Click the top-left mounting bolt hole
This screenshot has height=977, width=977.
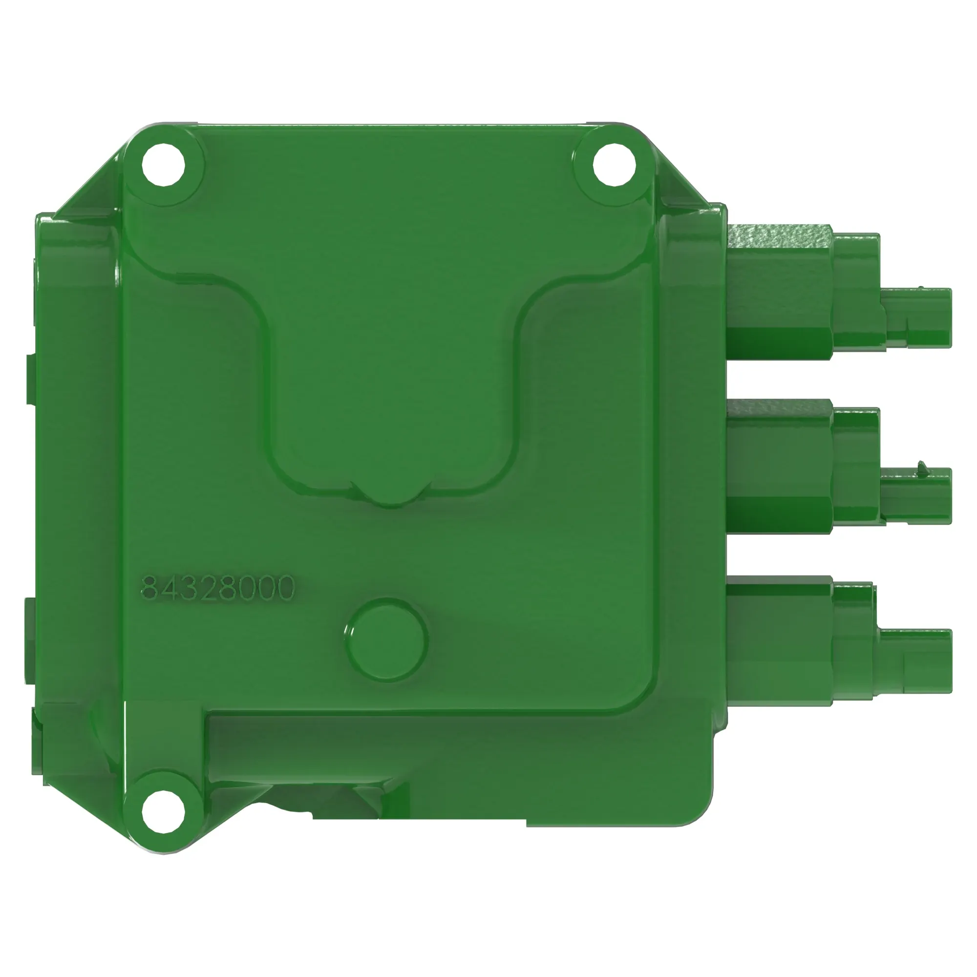[x=163, y=164]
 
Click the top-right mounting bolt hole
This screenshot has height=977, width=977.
[x=614, y=164]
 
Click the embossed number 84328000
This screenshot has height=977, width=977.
[x=217, y=588]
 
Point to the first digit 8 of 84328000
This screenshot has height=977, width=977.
[x=149, y=588]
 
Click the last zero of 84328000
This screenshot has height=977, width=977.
[x=285, y=588]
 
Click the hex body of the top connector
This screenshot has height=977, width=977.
[x=779, y=293]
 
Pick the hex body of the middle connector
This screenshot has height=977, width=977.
[x=779, y=468]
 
